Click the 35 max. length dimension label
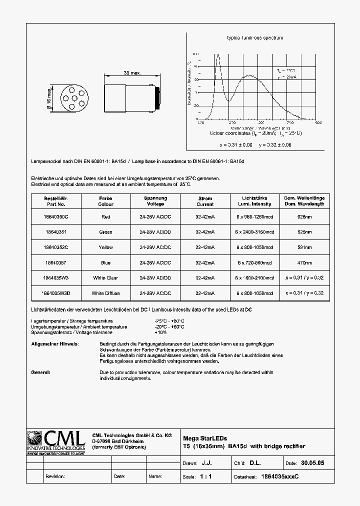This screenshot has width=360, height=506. click(x=132, y=73)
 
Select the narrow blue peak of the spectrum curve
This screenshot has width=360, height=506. click(x=217, y=56)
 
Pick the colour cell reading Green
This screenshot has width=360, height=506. click(x=105, y=232)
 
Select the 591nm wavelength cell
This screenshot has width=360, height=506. click(x=304, y=247)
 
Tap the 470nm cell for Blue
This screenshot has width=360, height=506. click(x=304, y=262)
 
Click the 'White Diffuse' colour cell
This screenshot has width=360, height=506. click(x=105, y=293)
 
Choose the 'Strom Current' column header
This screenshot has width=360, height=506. click(x=205, y=201)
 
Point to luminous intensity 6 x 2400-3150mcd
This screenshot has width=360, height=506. click(x=255, y=232)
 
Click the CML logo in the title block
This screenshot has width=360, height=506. click(x=56, y=440)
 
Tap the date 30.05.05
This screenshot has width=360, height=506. click(x=313, y=463)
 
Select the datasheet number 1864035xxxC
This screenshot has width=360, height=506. click(x=280, y=476)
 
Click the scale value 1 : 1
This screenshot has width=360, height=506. click(x=205, y=476)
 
